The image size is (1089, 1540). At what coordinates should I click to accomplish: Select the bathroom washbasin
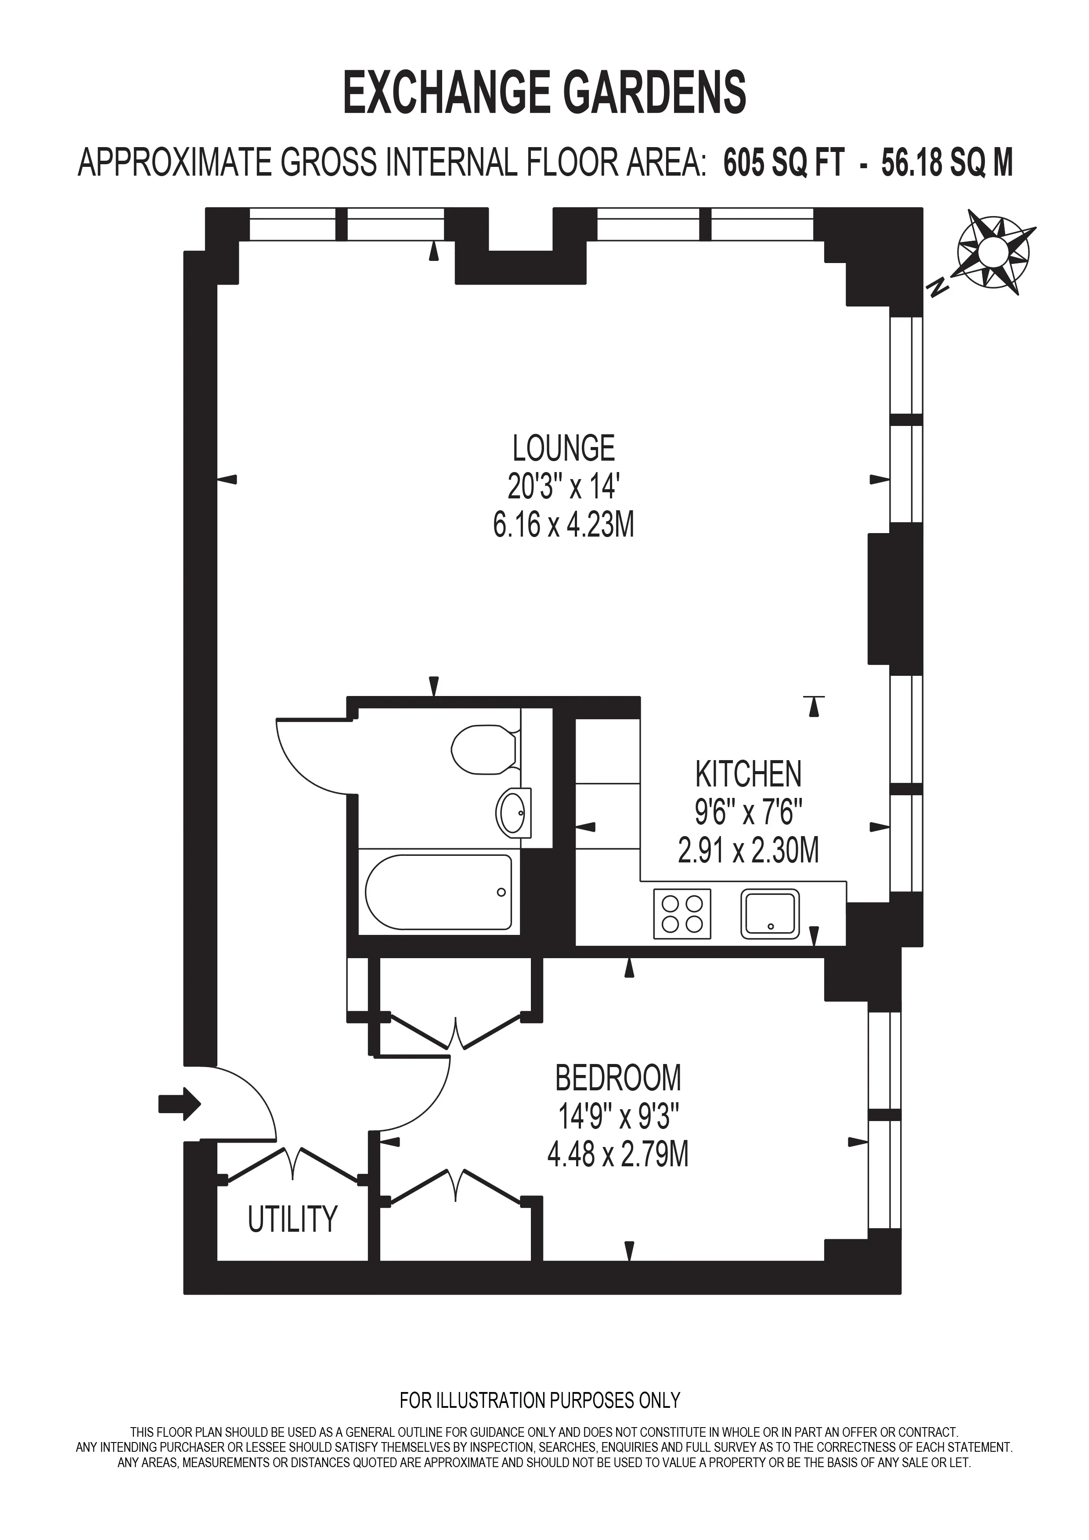pyautogui.click(x=514, y=813)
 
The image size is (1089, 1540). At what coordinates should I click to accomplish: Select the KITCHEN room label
pyautogui.click(x=748, y=774)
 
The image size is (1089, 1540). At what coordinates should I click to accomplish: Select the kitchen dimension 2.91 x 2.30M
pyautogui.click(x=748, y=851)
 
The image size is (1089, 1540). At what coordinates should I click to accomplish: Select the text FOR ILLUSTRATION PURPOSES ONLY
pyautogui.click(x=540, y=1400)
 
